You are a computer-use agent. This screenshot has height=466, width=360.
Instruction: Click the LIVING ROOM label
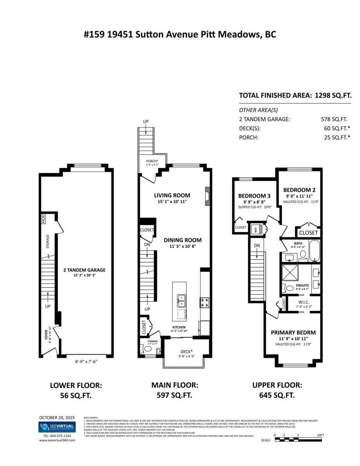click(172, 195)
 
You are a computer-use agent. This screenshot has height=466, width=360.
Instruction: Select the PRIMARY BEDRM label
click(293, 332)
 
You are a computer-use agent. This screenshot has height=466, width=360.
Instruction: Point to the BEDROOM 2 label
click(299, 190)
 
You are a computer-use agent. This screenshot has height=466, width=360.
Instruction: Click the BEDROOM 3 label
click(254, 196)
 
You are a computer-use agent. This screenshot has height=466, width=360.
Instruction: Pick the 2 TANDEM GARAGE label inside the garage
click(84, 270)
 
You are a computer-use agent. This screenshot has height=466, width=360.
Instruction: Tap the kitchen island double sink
click(181, 301)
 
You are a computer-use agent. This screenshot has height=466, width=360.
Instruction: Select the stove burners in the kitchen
click(205, 303)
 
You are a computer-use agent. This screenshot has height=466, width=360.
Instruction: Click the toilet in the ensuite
click(289, 288)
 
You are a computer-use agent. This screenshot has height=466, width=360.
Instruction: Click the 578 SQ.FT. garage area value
click(334, 120)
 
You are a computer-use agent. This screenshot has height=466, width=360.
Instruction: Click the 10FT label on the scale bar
click(320, 435)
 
